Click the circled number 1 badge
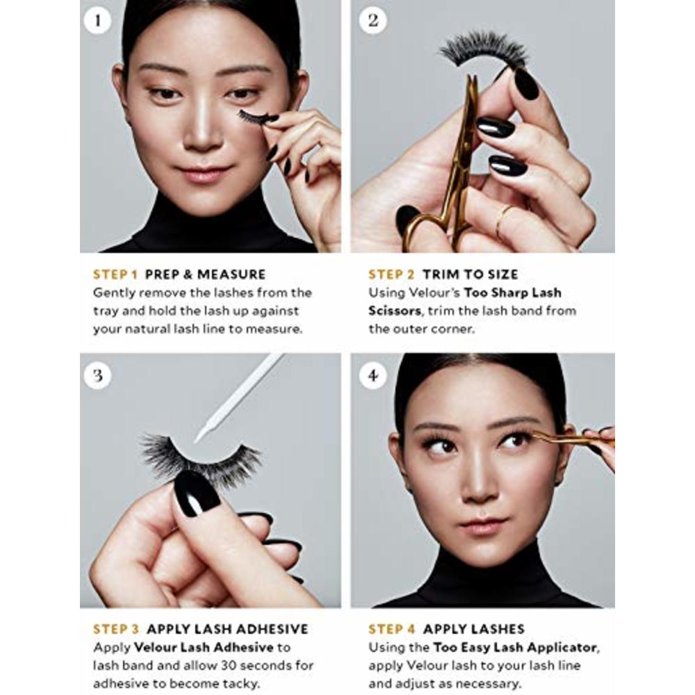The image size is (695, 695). (x=97, y=20)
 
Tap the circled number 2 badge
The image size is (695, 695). (x=373, y=20)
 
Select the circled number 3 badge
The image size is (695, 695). (x=97, y=375)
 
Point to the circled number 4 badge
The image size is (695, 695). (x=373, y=375)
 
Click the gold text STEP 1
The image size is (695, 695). (x=115, y=275)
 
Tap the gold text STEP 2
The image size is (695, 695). (x=391, y=275)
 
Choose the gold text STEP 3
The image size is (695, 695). (x=116, y=629)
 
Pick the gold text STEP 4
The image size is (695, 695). (x=392, y=629)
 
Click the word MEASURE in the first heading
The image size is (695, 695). (x=231, y=275)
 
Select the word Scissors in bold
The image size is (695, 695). (x=395, y=311)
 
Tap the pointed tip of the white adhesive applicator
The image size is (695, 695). (x=197, y=441)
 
